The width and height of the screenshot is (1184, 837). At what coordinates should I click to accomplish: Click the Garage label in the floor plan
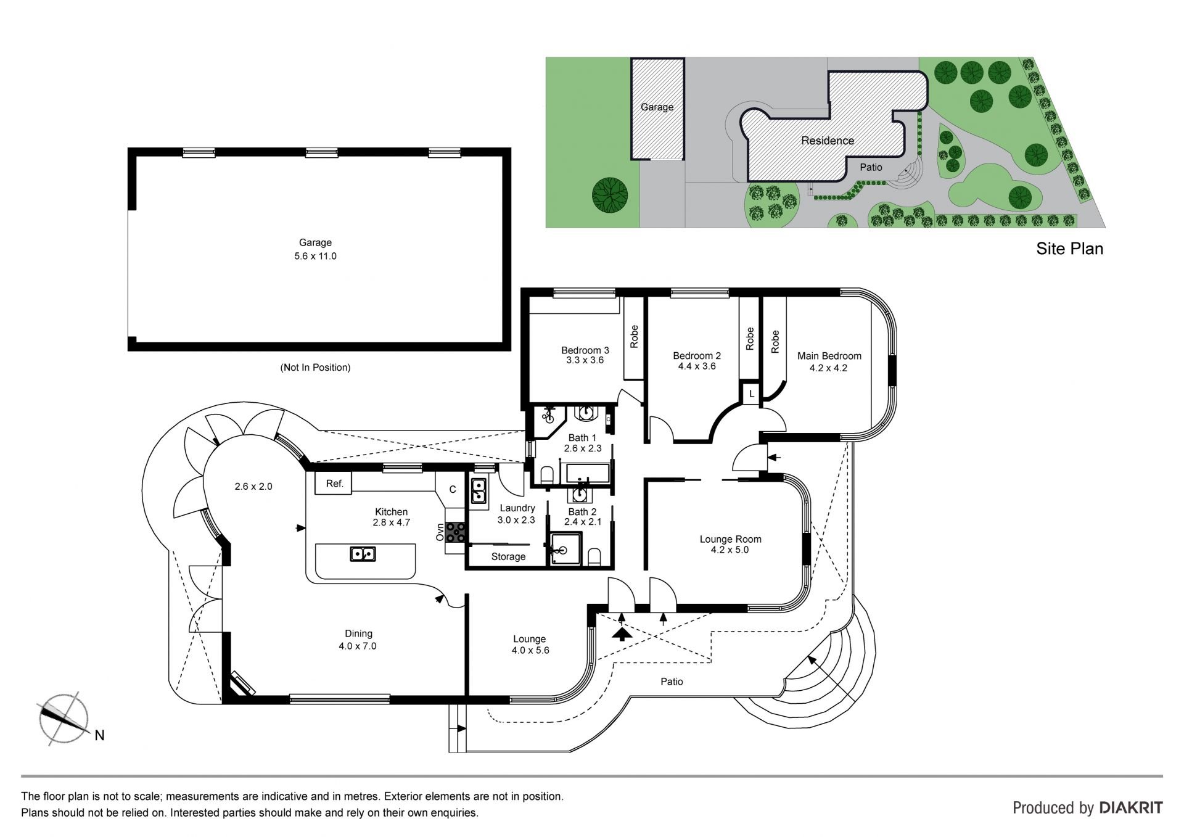[315, 243]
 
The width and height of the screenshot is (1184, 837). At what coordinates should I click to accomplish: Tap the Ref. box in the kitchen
[334, 484]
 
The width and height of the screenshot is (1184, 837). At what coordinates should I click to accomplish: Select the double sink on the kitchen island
[363, 554]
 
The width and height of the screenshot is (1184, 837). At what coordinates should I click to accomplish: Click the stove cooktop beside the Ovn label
[456, 532]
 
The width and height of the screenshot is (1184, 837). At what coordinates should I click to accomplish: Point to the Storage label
[508, 557]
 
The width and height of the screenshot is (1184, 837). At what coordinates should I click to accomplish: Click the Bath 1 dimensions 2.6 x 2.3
[582, 448]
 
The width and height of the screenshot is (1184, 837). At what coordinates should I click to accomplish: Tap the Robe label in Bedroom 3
[634, 337]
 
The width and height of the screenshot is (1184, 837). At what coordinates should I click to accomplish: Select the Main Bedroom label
[829, 356]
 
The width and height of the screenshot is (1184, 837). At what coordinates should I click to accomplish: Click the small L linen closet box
[751, 394]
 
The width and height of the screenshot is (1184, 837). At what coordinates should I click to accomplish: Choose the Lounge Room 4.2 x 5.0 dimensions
[730, 550]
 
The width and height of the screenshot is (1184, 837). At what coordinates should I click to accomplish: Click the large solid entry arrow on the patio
[622, 633]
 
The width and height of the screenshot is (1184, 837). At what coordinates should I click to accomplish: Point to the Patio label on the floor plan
[672, 682]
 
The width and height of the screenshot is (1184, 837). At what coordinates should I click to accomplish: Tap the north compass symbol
[64, 719]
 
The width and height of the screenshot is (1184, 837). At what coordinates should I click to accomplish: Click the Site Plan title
[1069, 249]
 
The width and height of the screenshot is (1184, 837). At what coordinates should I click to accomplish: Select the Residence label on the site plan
[828, 141]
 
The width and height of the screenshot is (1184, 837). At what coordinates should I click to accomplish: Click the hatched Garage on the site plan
[657, 109]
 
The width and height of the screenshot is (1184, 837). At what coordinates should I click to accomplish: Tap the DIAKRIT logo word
[1132, 808]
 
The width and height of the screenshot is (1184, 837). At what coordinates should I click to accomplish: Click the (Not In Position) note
[315, 368]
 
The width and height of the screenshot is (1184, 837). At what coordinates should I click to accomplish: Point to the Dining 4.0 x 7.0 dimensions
[358, 646]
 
